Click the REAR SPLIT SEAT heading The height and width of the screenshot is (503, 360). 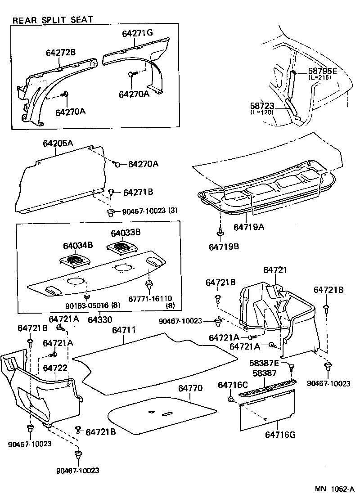pos(53,20)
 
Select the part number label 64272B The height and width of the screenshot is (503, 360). pos(61,53)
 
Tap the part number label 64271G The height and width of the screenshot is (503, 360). pos(137,33)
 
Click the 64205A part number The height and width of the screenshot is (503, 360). pos(58,144)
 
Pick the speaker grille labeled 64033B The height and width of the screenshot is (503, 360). pos(121,247)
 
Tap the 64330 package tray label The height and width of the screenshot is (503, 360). pos(100,319)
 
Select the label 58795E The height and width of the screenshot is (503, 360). pos(323,71)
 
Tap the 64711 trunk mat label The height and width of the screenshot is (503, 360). pos(124,330)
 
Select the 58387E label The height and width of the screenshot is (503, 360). pos(265,363)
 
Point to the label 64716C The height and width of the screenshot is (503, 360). pos(233,385)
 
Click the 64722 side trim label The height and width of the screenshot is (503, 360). pos(55,368)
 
